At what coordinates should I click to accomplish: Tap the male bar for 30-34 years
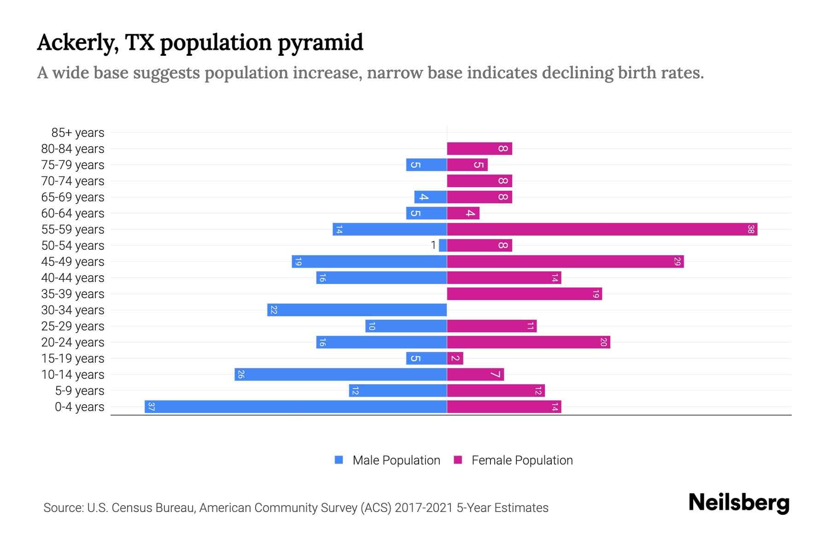point(357,310)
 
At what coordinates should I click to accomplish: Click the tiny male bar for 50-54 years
point(443,246)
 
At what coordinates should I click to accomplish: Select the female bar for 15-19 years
point(455,359)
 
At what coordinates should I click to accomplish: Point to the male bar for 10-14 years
point(341,375)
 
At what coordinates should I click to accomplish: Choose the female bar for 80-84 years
point(479,149)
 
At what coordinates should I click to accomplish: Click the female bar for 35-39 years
point(524,294)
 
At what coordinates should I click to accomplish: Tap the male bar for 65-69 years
point(431,197)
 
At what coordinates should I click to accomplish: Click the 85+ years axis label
point(78,133)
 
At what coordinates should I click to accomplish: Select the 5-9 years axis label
point(80,391)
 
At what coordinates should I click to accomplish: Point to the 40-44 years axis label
point(73,278)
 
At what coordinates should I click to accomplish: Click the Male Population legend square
point(339,460)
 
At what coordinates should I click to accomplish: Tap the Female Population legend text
point(522,460)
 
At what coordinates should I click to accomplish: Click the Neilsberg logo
point(739,503)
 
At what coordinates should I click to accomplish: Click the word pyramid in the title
point(321,43)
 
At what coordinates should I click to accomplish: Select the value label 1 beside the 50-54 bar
point(433,245)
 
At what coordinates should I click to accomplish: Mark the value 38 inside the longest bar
point(751,229)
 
